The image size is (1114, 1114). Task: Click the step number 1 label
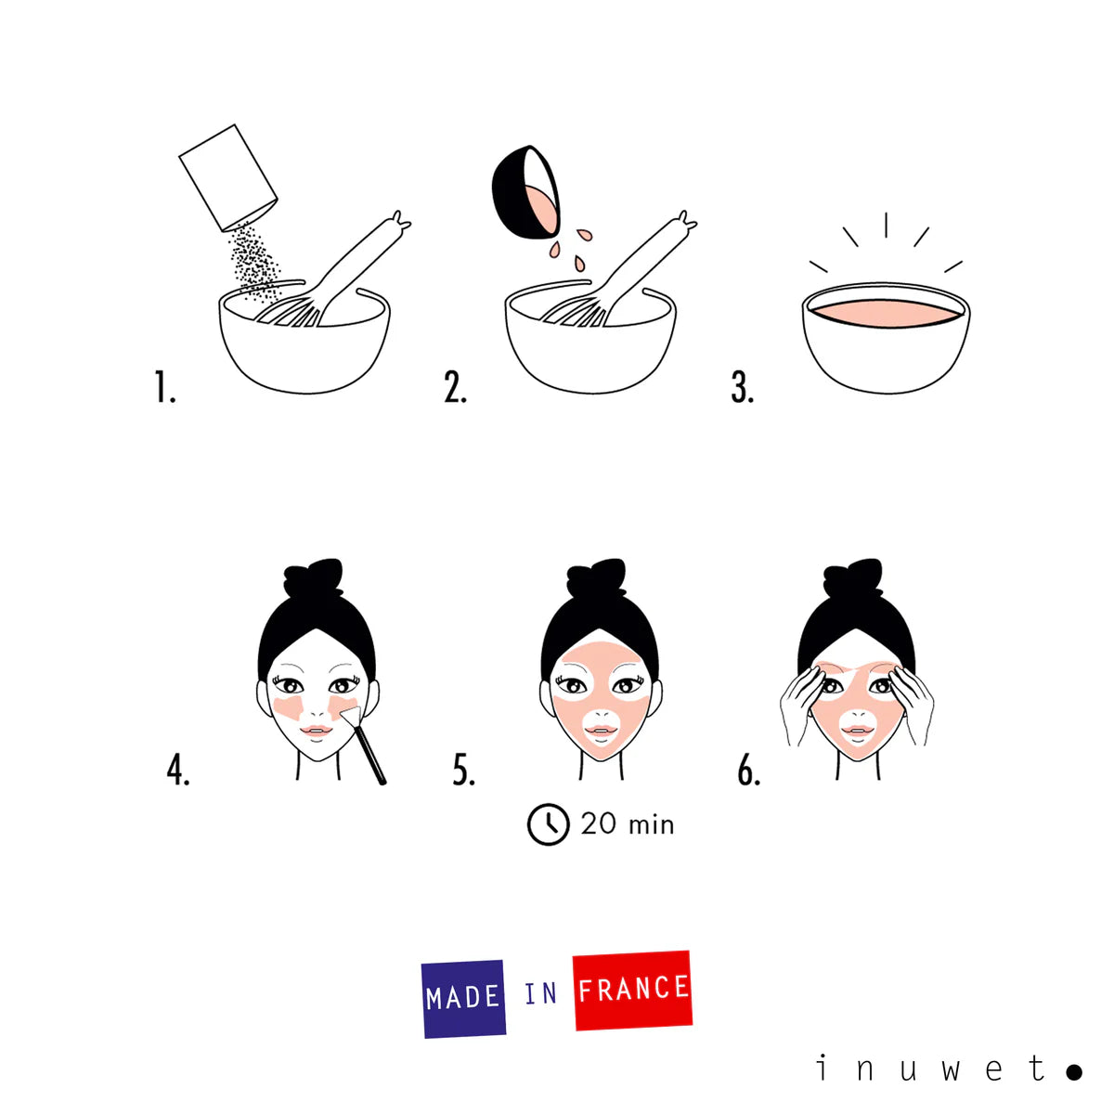pyautogui.click(x=164, y=387)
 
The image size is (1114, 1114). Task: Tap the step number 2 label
pyautogui.click(x=455, y=387)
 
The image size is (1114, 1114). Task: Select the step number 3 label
pyautogui.click(x=742, y=387)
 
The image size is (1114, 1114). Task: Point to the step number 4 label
pyautogui.click(x=178, y=770)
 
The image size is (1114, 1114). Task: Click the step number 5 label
pyautogui.click(x=464, y=770)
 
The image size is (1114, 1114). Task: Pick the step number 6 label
pyautogui.click(x=748, y=770)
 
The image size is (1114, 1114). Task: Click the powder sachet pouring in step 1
pyautogui.click(x=228, y=177)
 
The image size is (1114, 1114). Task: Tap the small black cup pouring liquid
pyautogui.click(x=525, y=193)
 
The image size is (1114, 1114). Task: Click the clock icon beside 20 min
pyautogui.click(x=548, y=824)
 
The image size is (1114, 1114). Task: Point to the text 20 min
pyautogui.click(x=628, y=824)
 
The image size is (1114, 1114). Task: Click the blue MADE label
pyautogui.click(x=463, y=998)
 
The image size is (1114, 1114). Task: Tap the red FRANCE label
pyautogui.click(x=633, y=990)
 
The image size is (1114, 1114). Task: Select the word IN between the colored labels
pyautogui.click(x=540, y=994)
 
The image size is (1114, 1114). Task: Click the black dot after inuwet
pyautogui.click(x=1073, y=1072)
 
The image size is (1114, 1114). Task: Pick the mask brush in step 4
pyautogui.click(x=368, y=746)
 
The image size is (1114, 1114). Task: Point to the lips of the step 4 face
pyautogui.click(x=317, y=731)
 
